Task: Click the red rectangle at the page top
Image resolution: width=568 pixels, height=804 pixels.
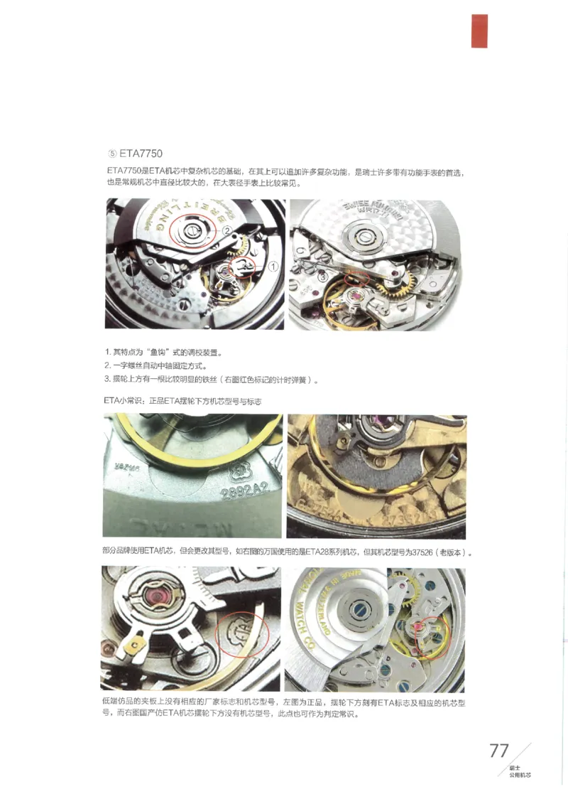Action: pyautogui.click(x=479, y=31)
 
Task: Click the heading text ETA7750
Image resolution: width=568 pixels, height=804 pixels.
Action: pyautogui.click(x=141, y=153)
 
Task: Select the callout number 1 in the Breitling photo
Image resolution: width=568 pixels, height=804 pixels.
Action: pyautogui.click(x=273, y=266)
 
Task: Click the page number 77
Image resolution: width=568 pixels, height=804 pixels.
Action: pyautogui.click(x=499, y=751)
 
